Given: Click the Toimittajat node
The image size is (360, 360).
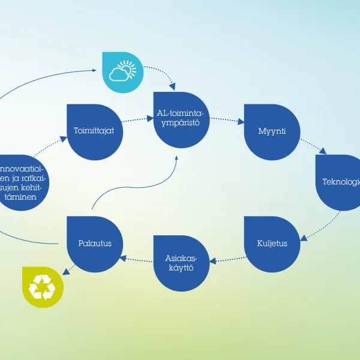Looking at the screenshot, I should coord(95,131).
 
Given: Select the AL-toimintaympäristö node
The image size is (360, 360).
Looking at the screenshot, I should coord(182,120).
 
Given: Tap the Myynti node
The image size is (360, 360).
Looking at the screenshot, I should coord(272,131).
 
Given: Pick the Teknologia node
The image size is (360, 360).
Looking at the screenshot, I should coord(340,182).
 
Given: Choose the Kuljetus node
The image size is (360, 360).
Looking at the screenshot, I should coord(272,244).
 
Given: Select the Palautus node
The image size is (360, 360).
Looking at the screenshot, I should coord(95,244).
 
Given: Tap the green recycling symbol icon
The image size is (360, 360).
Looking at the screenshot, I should coord(41,286).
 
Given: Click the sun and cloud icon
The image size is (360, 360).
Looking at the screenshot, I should coord(123,72).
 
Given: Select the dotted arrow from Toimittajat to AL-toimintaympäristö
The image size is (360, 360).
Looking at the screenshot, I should coord(138,120).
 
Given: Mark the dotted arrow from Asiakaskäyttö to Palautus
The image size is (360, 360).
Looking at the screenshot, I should coord(137,260).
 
